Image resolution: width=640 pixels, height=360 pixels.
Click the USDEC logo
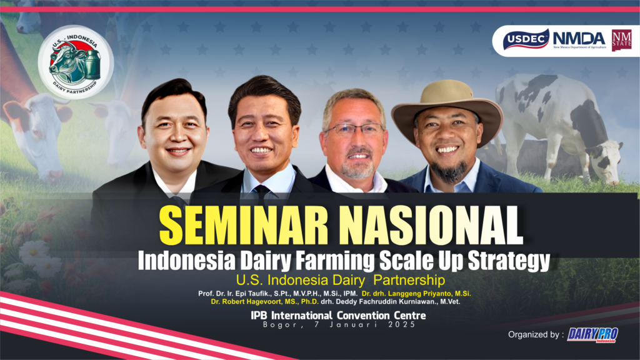click(x=526, y=40)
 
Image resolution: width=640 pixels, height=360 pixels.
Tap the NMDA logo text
click(x=579, y=39)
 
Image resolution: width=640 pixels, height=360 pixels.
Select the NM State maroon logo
click(x=621, y=40)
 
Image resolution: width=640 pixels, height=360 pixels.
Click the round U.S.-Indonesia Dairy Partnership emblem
click(x=75, y=62)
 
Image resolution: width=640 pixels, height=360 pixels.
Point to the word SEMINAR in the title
click(x=244, y=225)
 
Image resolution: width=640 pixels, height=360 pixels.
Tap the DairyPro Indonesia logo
click(x=592, y=335)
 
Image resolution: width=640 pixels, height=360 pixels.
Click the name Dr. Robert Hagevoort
click(x=264, y=302)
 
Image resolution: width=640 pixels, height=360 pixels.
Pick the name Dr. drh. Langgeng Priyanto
click(x=416, y=294)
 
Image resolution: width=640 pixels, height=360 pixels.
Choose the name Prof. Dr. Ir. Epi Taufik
click(x=277, y=294)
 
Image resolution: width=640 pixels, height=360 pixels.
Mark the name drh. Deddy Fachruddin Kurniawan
click(x=390, y=302)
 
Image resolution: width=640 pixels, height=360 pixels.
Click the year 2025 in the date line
click(x=402, y=324)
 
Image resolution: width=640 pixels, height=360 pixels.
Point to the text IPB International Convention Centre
click(x=338, y=316)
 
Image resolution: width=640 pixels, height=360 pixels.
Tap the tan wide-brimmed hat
click(x=447, y=106)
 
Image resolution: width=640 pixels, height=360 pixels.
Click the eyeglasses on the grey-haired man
click(x=355, y=130)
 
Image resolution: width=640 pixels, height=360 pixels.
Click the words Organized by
click(x=534, y=335)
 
